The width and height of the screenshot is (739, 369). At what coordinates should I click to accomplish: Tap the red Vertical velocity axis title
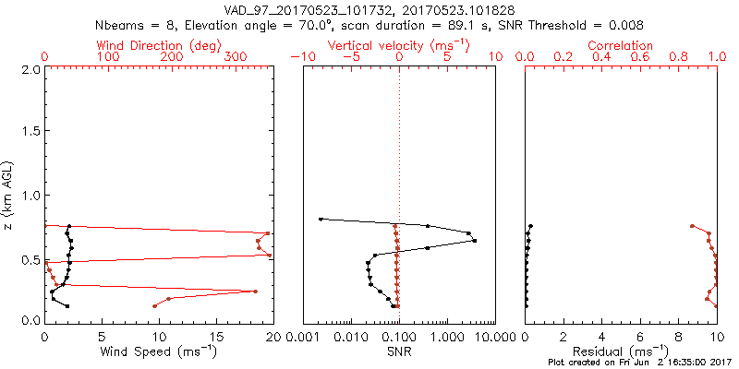[398, 45]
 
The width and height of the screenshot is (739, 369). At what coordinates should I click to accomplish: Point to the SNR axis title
[398, 351]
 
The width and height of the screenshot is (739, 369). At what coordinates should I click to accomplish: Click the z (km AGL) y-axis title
[8, 195]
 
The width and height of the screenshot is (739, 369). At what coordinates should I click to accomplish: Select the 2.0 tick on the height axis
[30, 69]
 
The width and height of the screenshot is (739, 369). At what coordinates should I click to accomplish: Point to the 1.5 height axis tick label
[30, 132]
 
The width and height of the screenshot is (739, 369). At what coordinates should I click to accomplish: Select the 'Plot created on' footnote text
[639, 363]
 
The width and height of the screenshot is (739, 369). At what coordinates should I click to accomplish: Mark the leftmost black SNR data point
[321, 219]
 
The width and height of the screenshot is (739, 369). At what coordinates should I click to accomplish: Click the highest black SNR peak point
[475, 241]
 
